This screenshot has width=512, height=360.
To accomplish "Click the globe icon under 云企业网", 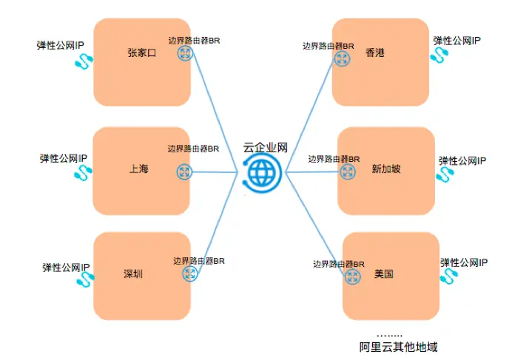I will pos(260,172).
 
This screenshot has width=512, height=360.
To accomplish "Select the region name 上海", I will pos(138,169).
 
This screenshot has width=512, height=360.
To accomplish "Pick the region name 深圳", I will pos(132,274).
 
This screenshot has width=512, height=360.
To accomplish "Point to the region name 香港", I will pos(376,53).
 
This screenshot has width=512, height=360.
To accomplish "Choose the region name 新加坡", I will pos(386,169).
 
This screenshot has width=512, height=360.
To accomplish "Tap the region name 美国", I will pos(383,274).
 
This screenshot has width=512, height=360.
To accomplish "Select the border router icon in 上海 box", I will pos(183,171).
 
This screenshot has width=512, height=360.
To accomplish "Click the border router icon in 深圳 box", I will pos(189,274).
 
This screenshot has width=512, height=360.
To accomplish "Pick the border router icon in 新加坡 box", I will pos(346,171).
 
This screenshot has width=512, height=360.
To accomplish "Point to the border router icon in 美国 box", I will pos(352,275).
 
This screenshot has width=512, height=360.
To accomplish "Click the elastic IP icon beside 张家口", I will pos(80,63).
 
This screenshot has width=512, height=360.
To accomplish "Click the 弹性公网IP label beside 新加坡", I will pos(462,160).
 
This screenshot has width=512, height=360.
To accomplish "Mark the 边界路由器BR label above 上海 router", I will pos(193,149).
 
